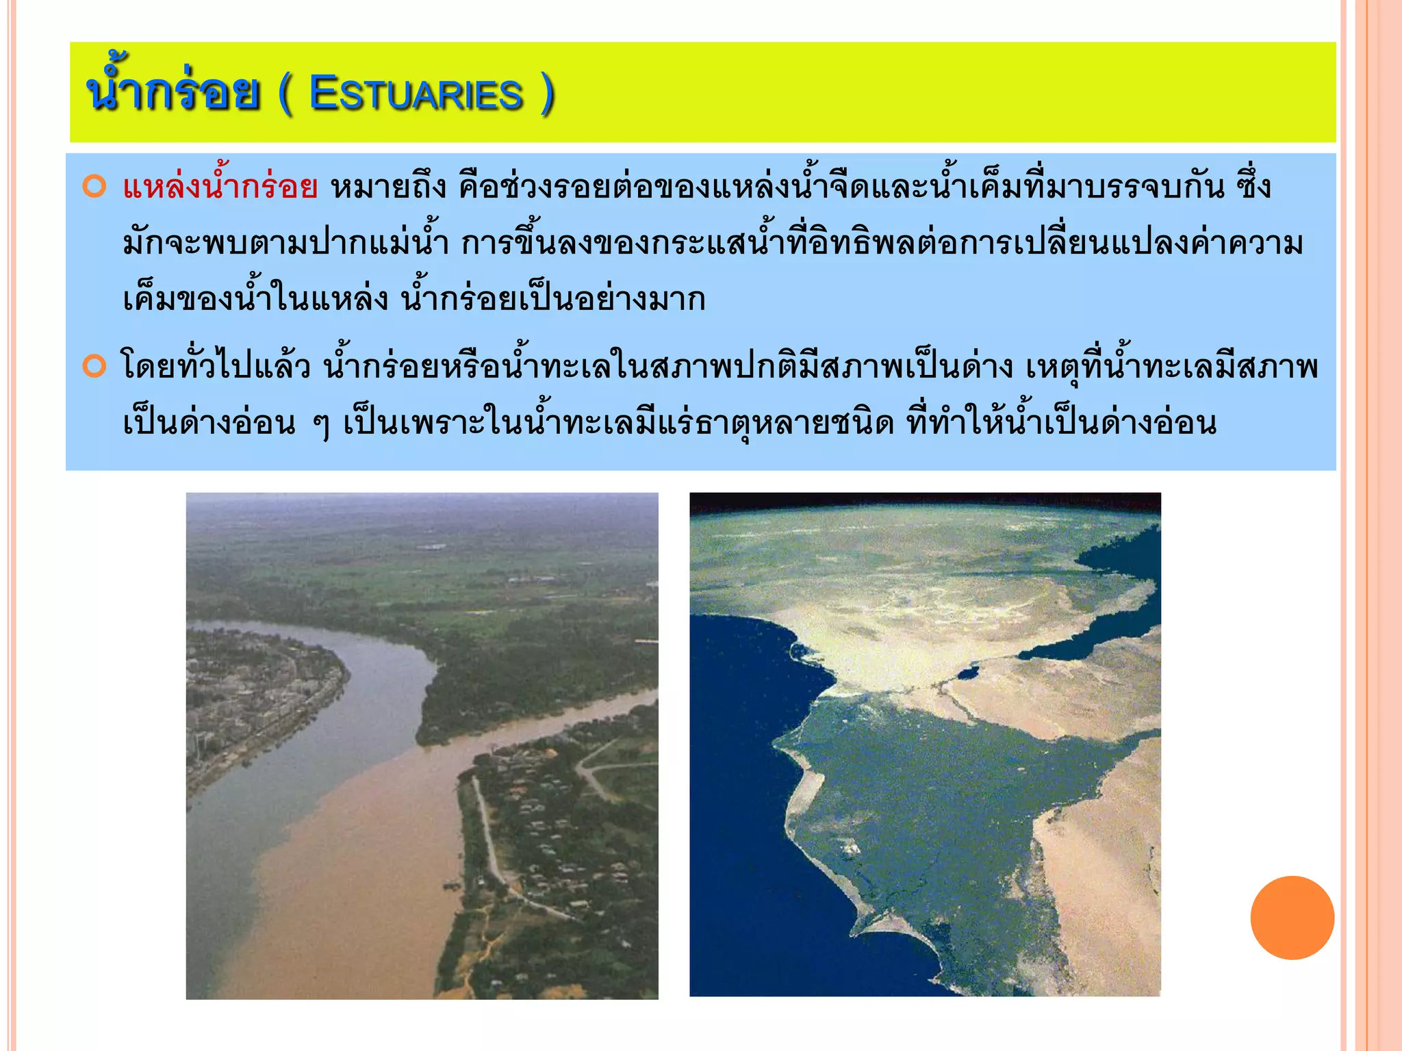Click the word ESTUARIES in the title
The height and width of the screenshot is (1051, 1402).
(x=416, y=94)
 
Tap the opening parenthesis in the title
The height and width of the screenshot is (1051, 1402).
(x=285, y=94)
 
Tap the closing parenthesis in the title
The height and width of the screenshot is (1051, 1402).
(x=546, y=94)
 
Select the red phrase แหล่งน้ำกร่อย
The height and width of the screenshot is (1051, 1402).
(x=220, y=187)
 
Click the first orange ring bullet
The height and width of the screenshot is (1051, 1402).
(x=94, y=187)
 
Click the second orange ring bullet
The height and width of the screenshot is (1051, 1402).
(x=94, y=366)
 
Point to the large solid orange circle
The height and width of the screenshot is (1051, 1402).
(x=1292, y=918)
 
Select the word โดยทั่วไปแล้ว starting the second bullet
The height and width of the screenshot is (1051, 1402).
(x=215, y=367)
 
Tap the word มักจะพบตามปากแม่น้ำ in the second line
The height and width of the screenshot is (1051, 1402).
(x=285, y=244)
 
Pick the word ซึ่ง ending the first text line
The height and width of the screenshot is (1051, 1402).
(x=1254, y=187)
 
